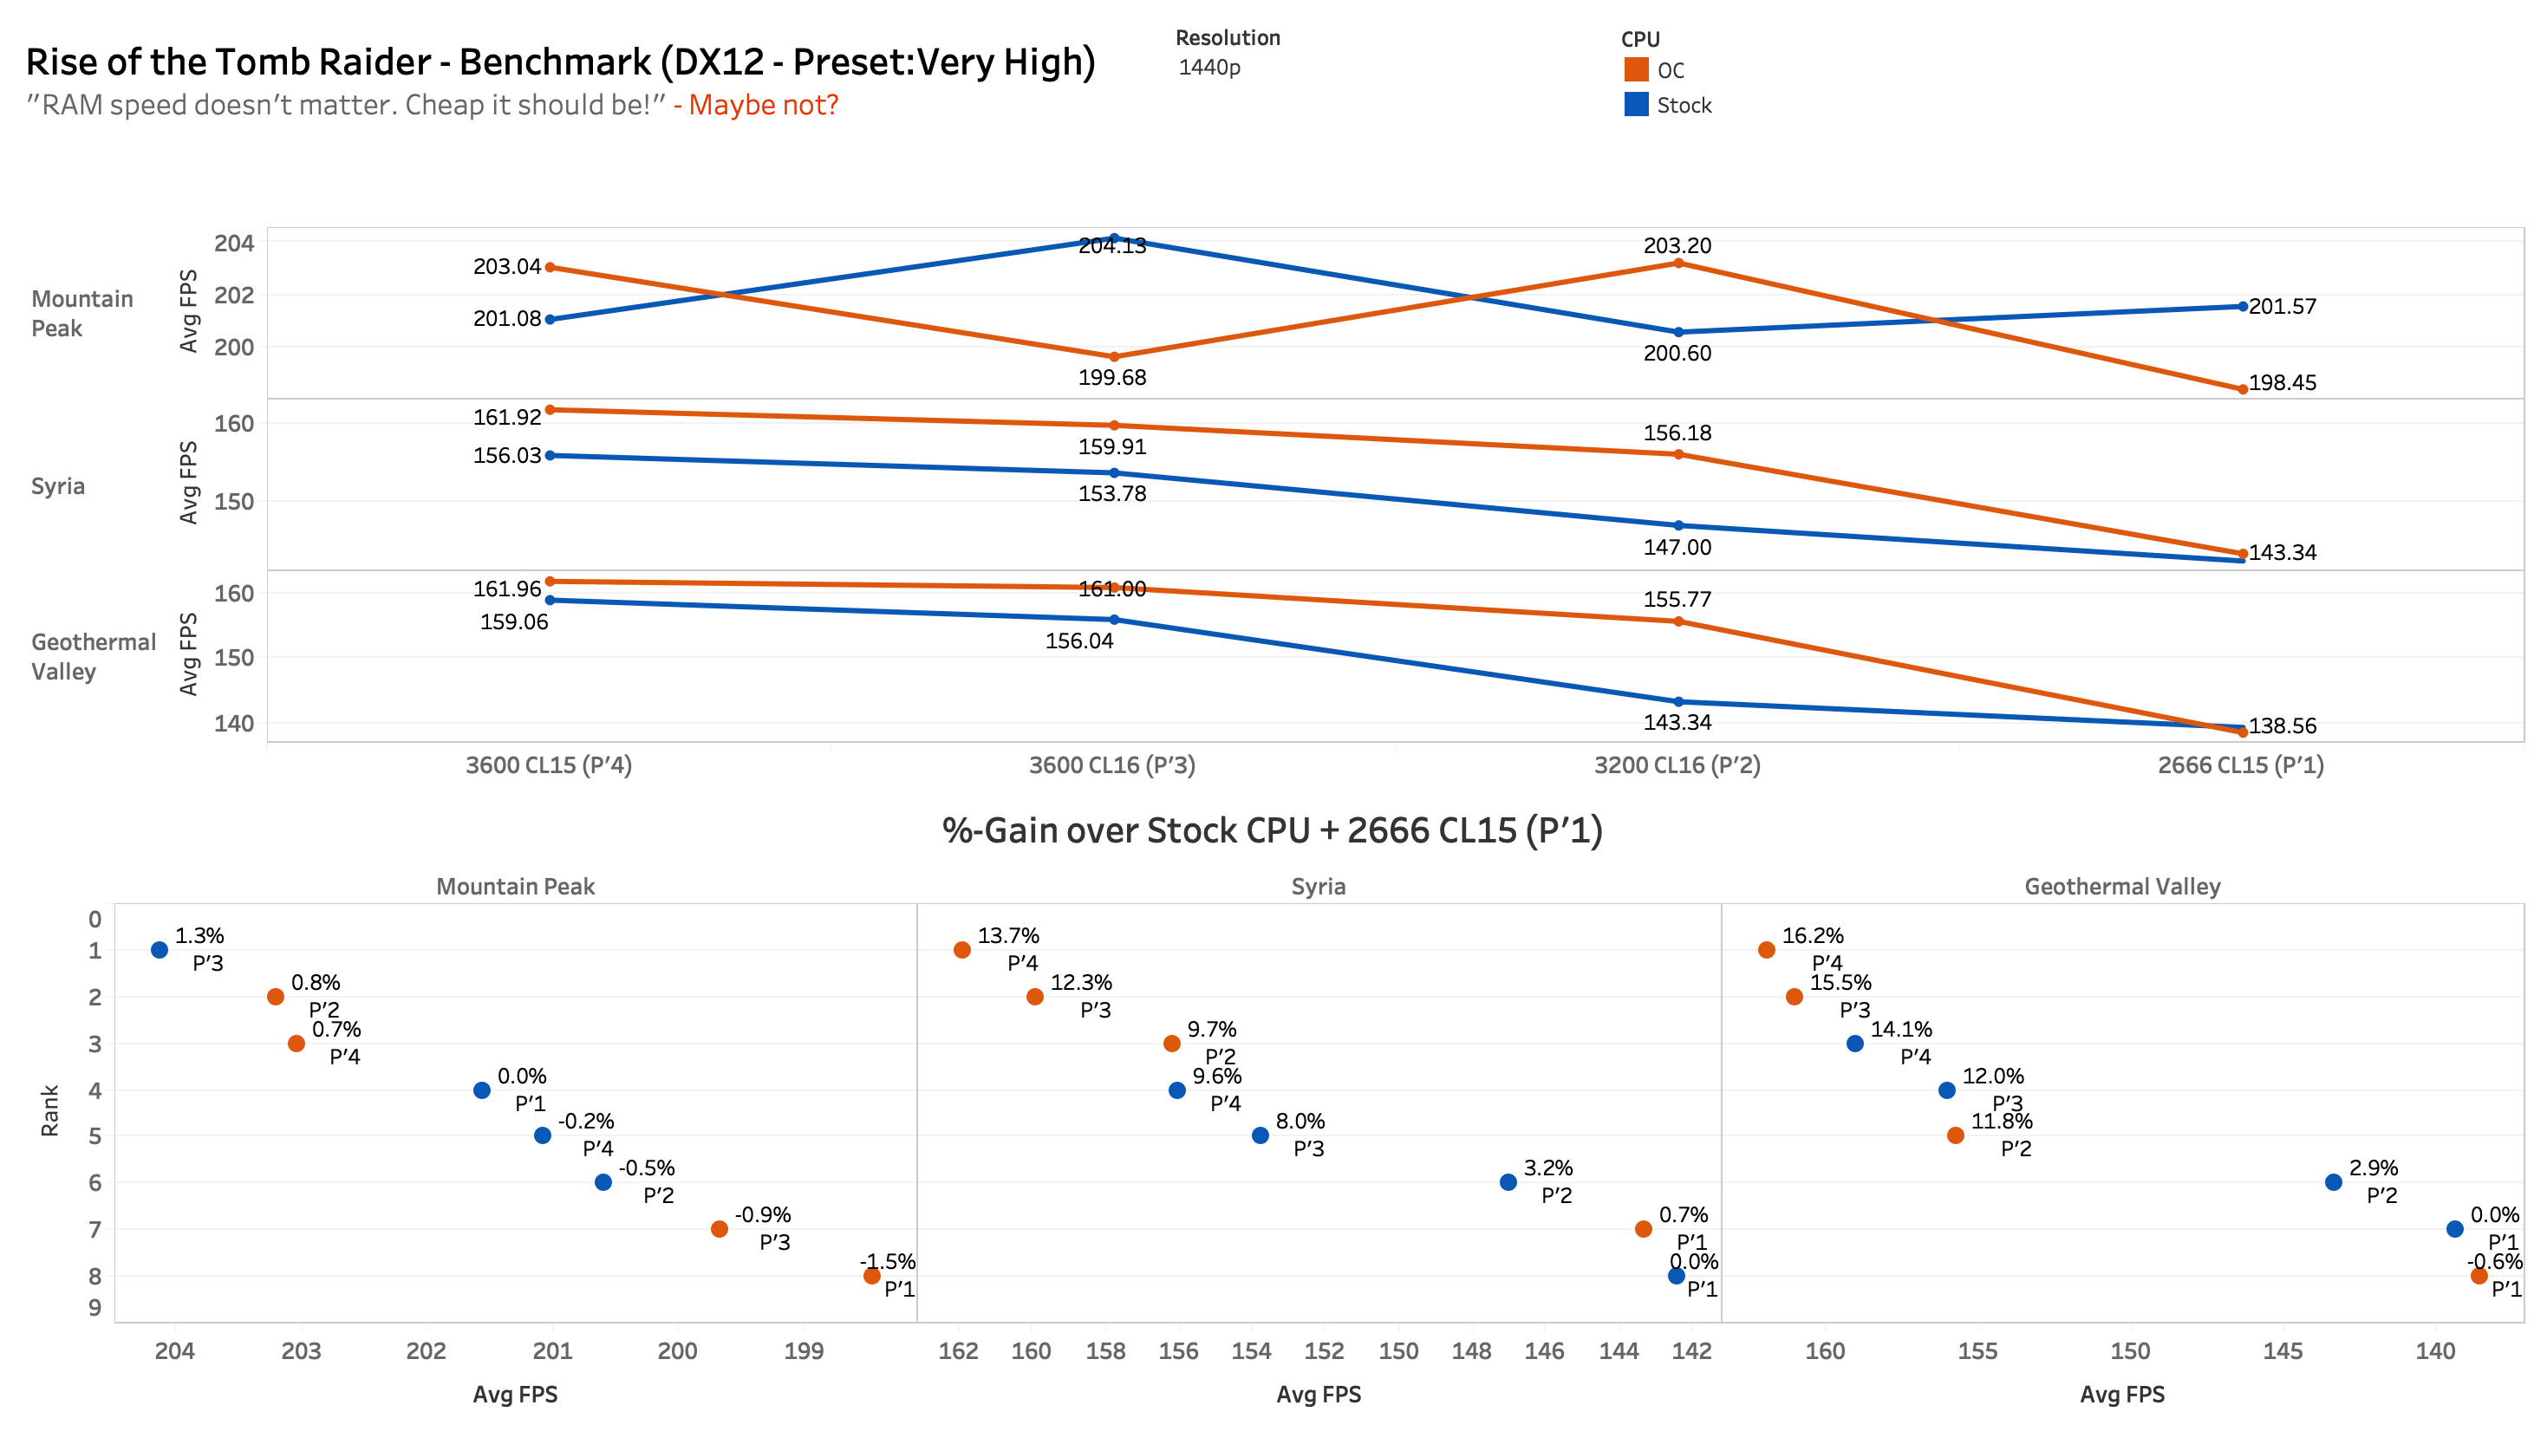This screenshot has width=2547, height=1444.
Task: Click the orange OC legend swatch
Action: point(1636,69)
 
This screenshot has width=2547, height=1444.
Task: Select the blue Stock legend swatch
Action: point(1636,104)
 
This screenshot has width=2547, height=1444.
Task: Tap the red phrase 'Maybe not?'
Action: point(763,104)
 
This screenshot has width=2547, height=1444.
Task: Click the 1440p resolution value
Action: point(1209,68)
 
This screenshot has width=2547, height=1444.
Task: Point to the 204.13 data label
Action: point(1112,246)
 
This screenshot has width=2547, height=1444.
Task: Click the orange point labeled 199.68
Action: point(1114,357)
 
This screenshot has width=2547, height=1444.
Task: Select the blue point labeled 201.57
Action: point(2243,307)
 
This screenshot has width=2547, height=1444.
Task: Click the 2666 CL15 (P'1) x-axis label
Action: point(2240,764)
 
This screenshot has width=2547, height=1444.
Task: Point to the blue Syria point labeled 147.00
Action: point(1678,525)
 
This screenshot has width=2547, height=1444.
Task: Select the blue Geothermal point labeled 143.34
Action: point(1678,702)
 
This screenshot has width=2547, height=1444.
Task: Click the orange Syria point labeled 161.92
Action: point(550,410)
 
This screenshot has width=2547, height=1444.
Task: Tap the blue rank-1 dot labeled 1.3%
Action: point(160,950)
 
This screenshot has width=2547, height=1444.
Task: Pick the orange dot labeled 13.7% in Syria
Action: point(962,950)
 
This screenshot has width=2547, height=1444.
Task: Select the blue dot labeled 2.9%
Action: point(2334,1182)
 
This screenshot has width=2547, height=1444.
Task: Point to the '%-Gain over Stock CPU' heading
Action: point(1272,830)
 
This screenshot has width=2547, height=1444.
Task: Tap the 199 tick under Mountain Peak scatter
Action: point(804,1350)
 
